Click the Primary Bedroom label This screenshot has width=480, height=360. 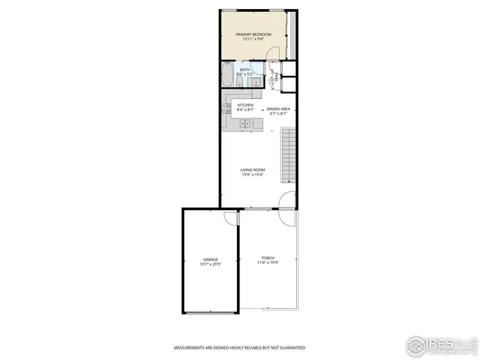pyautogui.click(x=253, y=34)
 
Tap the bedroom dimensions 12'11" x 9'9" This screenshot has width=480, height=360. pyautogui.click(x=253, y=39)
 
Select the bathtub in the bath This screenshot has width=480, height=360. pyautogui.click(x=227, y=75)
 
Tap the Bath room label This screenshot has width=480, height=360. pyautogui.click(x=245, y=70)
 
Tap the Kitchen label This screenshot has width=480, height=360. pyautogui.click(x=245, y=105)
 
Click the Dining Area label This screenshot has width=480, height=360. pyautogui.click(x=277, y=109)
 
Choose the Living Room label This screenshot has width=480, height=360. pyautogui.click(x=253, y=170)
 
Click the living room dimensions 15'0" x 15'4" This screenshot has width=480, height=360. pyautogui.click(x=253, y=175)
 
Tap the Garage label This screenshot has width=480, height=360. pyautogui.click(x=210, y=259)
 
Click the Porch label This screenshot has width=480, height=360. pyautogui.click(x=268, y=257)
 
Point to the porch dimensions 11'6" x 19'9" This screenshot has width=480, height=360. pyautogui.click(x=268, y=262)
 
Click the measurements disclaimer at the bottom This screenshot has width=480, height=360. pyautogui.click(x=240, y=348)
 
